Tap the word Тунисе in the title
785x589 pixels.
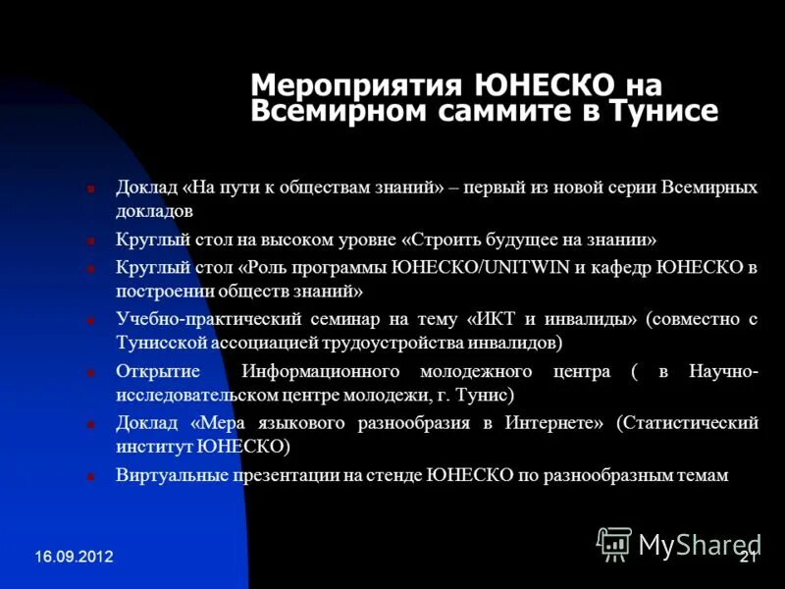point(666,111)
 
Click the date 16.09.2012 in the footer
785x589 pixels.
point(75,557)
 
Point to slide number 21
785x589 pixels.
point(747,557)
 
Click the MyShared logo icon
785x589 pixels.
point(614,544)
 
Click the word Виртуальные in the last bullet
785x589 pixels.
point(167,475)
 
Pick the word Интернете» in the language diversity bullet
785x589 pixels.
point(556,423)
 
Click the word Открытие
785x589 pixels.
point(158,371)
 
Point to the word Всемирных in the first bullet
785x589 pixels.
point(711,187)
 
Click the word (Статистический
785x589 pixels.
point(687,423)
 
